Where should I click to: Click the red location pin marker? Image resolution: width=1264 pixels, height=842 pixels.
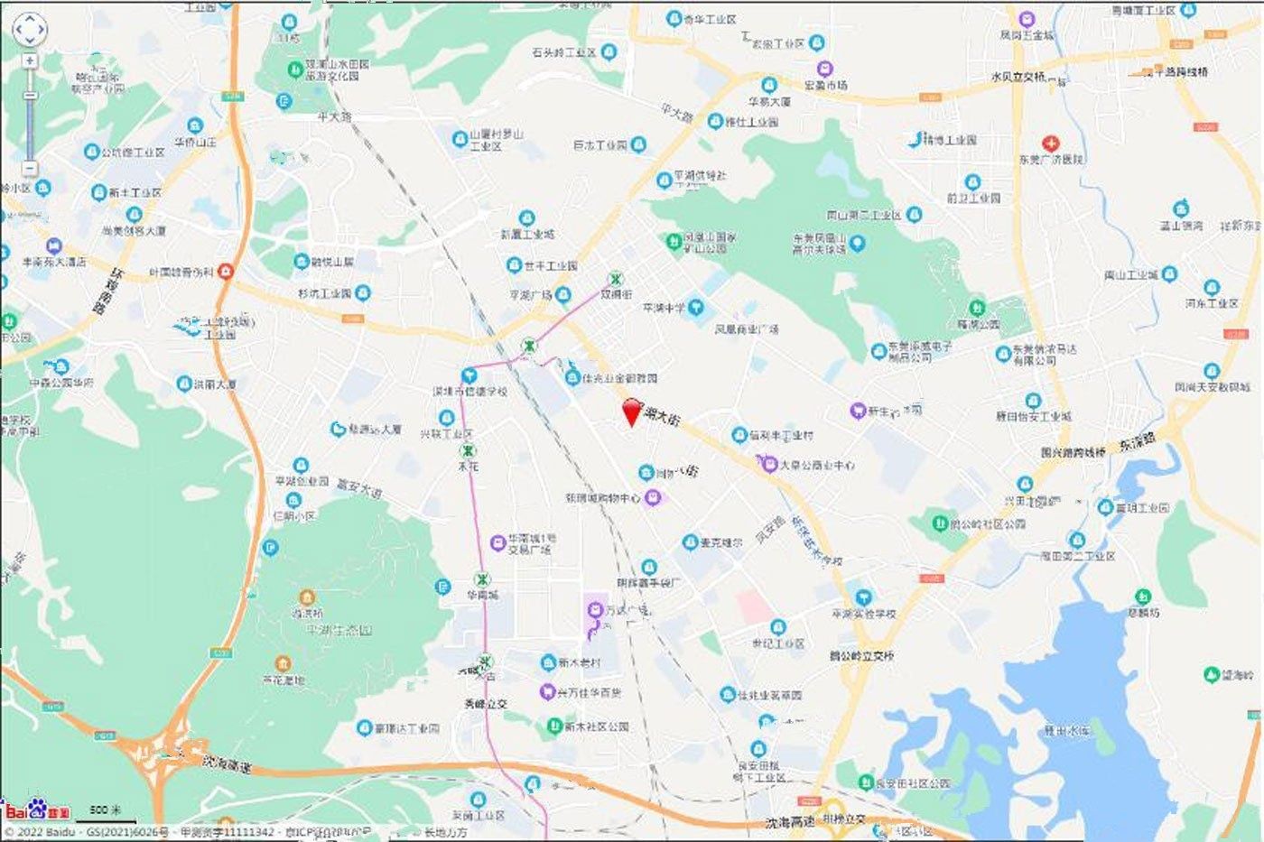633,411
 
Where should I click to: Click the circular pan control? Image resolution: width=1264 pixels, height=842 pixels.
29,29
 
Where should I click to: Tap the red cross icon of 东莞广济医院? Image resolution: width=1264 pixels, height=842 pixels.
1050,143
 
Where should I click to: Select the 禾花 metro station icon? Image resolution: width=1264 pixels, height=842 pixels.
468,450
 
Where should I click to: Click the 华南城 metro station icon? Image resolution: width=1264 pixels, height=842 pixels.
484,580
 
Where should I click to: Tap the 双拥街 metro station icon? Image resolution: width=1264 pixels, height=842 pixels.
616,279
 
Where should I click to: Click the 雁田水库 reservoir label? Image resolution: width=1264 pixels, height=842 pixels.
1067,730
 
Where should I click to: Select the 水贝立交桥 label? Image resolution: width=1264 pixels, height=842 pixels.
1018,78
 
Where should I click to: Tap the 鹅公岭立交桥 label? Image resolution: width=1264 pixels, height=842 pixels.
860,656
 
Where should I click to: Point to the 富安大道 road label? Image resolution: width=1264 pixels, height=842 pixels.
358,488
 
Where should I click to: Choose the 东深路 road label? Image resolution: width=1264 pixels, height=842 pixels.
1138,442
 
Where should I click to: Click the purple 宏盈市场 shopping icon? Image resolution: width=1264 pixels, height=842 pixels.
824,69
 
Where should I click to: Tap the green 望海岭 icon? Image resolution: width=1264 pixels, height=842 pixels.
1211,675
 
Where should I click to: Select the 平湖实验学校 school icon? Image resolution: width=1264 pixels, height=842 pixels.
864,597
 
